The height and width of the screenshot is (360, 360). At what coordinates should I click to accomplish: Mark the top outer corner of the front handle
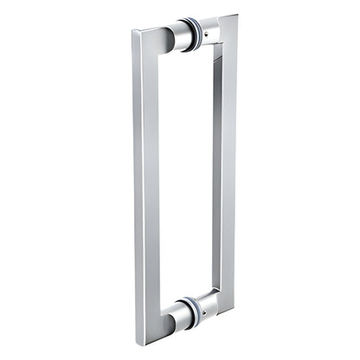pos(135,32)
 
